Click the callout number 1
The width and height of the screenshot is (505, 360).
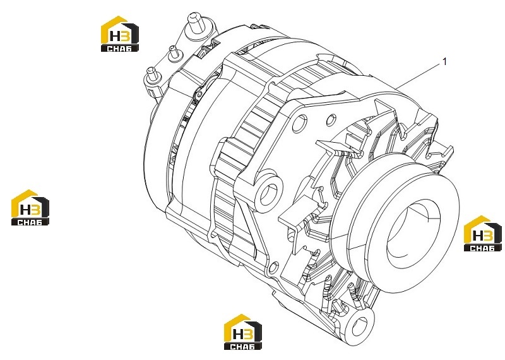(x=445, y=61)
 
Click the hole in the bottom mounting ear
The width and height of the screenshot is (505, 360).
(x=359, y=326)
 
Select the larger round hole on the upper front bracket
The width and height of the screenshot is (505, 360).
(x=300, y=123)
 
